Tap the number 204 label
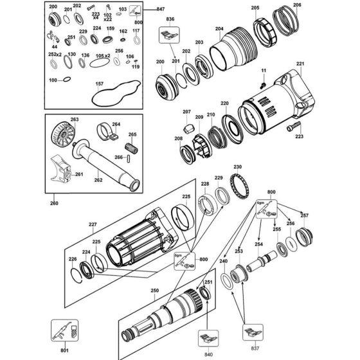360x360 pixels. click(219, 28)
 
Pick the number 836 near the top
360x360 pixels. click(170, 20)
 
